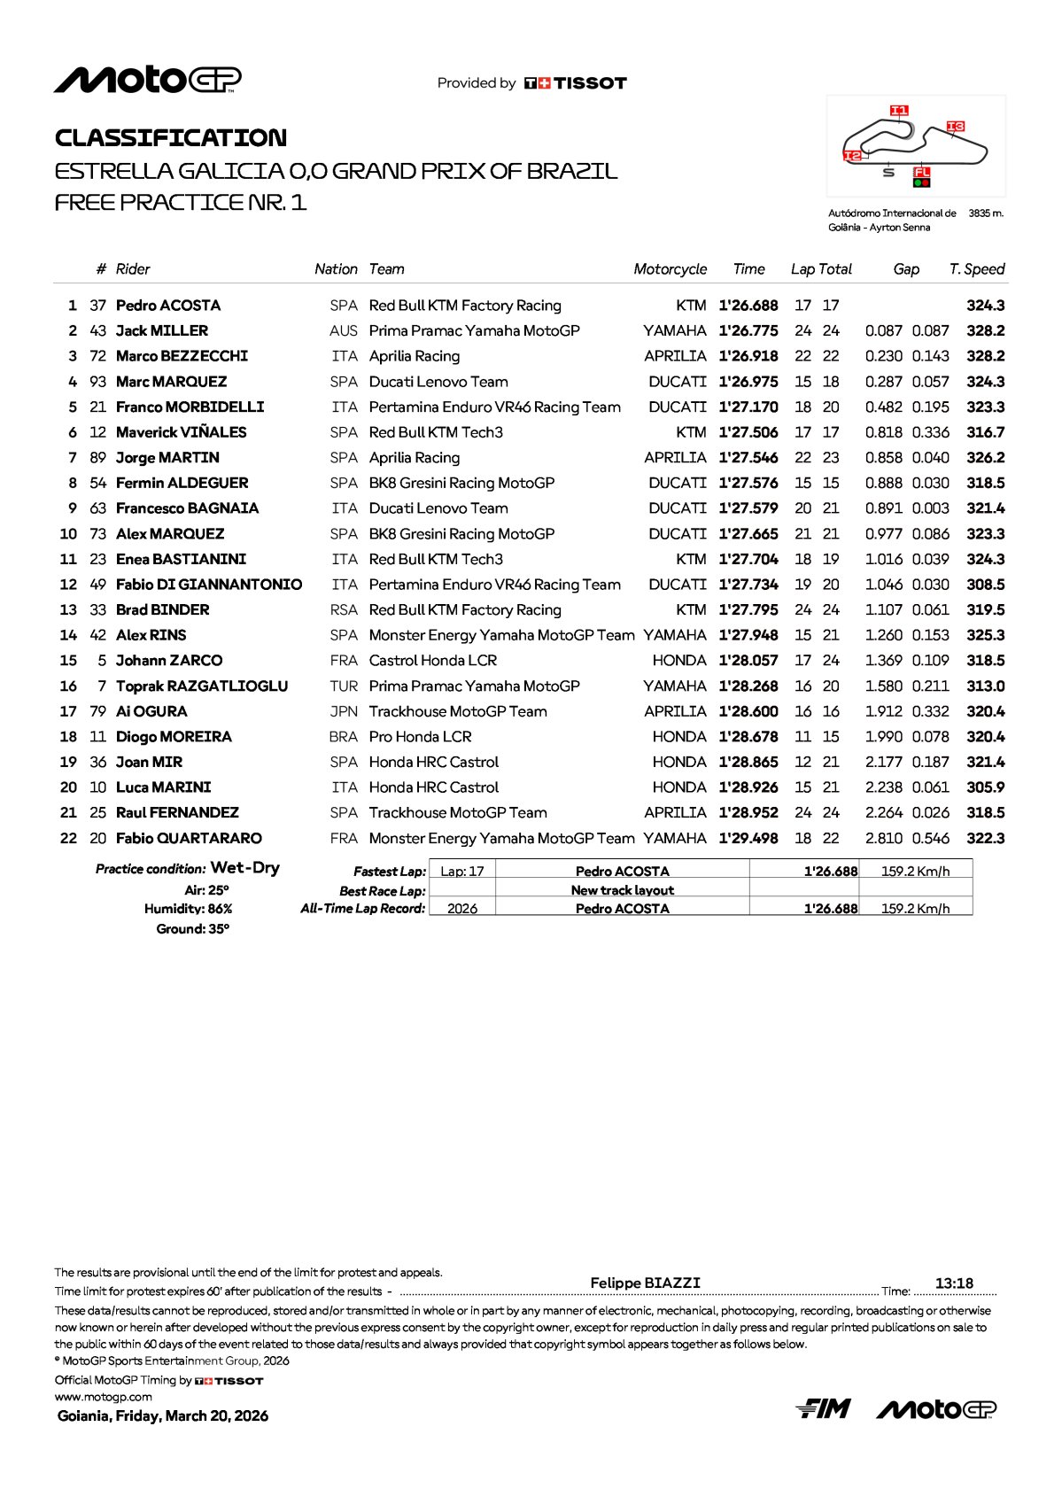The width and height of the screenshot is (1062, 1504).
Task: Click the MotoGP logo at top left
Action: [147, 80]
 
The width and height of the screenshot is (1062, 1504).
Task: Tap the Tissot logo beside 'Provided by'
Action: [576, 83]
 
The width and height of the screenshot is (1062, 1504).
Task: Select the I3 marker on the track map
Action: [955, 127]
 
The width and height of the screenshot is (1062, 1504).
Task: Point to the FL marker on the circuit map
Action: [922, 172]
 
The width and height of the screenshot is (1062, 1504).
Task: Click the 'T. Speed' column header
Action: [977, 269]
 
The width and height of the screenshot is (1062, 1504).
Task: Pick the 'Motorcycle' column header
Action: [670, 269]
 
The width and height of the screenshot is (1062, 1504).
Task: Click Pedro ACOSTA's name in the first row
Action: [168, 306]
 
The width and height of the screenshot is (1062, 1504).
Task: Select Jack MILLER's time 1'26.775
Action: [748, 330]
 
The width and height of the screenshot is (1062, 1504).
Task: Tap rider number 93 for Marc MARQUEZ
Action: [97, 382]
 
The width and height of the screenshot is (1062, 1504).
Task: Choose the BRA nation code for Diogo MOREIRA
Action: [344, 737]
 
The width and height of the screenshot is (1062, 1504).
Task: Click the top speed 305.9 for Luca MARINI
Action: [986, 787]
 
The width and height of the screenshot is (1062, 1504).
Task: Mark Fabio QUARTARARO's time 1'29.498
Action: [748, 838]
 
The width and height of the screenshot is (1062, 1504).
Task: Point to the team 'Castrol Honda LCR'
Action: [433, 661]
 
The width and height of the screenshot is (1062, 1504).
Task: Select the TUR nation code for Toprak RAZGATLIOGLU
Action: [344, 686]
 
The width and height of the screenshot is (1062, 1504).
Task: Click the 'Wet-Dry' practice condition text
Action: [245, 868]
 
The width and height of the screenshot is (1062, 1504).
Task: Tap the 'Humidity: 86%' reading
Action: [188, 909]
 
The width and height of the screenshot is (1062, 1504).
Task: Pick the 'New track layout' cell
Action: [622, 890]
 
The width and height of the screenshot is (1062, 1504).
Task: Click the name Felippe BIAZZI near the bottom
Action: [645, 1283]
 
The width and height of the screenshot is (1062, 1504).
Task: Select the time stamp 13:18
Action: [954, 1283]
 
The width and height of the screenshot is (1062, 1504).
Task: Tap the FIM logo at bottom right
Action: [823, 1408]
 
